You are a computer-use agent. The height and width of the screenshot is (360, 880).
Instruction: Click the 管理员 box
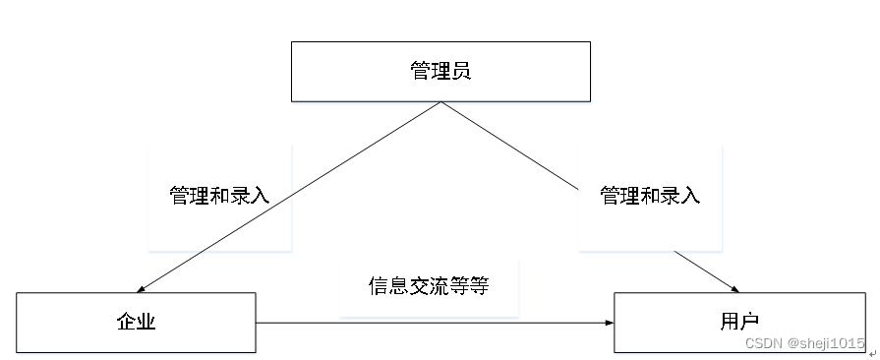(440, 71)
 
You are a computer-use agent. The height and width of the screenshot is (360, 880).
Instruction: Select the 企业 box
(136, 323)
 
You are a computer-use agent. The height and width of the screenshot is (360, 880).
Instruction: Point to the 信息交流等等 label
(429, 286)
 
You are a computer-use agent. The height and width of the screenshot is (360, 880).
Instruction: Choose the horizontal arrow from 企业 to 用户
(433, 323)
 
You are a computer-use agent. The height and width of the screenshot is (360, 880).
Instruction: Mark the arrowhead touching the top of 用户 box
(733, 288)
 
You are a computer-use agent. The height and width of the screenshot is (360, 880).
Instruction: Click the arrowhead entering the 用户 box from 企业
(608, 323)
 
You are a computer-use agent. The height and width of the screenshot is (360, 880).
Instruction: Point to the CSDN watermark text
(762, 343)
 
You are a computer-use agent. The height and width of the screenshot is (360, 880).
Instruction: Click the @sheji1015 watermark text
(824, 343)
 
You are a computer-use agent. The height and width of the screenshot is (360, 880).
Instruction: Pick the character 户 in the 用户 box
(749, 323)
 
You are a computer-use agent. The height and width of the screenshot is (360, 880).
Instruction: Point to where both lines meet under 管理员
(439, 102)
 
